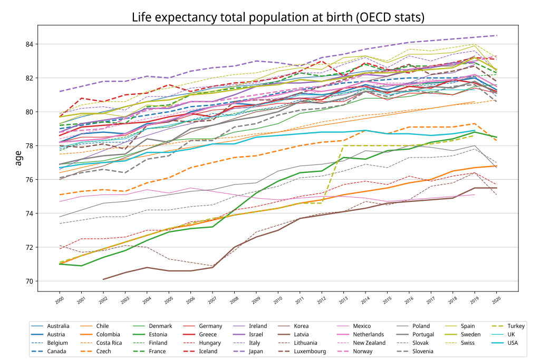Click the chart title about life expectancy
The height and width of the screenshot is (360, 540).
point(278,17)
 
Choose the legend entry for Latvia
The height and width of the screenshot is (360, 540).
point(301,334)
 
